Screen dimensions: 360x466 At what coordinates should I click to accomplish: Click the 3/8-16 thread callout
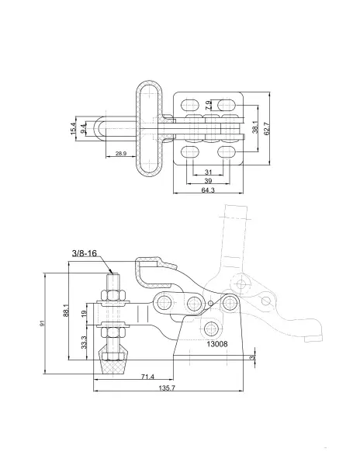pyautogui.click(x=85, y=253)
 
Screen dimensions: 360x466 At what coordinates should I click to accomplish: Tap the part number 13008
pyautogui.click(x=217, y=344)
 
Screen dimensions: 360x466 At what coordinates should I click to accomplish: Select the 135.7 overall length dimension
pyautogui.click(x=167, y=388)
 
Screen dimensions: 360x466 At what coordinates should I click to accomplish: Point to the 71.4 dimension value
pyautogui.click(x=147, y=377)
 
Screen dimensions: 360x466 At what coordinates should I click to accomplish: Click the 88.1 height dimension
pyautogui.click(x=66, y=310)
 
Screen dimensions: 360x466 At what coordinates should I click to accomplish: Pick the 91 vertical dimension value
pyautogui.click(x=42, y=323)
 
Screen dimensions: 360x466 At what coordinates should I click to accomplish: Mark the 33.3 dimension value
pyautogui.click(x=84, y=342)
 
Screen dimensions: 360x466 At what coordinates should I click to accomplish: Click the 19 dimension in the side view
pyautogui.click(x=84, y=313)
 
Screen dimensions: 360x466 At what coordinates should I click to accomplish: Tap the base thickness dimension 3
pyautogui.click(x=252, y=357)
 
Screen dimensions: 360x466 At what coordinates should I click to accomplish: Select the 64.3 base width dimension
pyautogui.click(x=208, y=190)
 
